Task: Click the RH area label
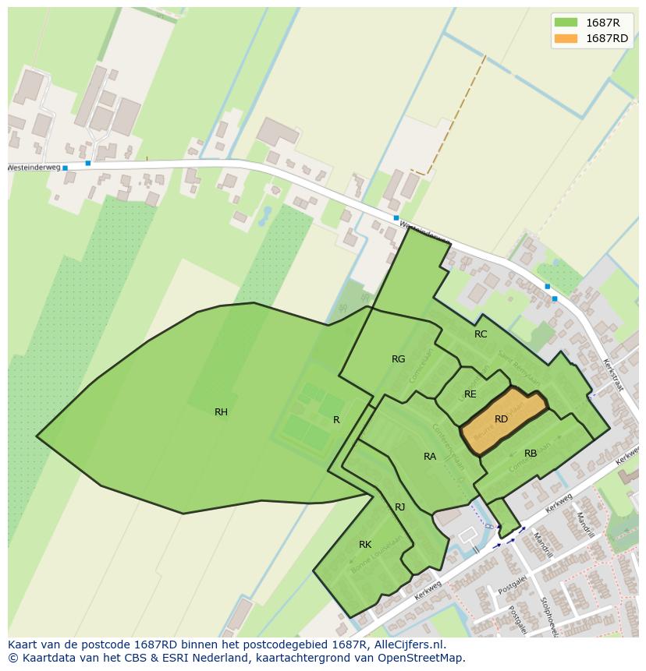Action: tap(221, 412)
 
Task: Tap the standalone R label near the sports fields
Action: tap(336, 420)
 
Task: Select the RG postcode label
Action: tap(398, 359)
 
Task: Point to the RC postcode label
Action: tap(481, 334)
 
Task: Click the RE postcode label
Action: tap(470, 394)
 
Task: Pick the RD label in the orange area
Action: tap(501, 419)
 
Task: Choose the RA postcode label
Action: tap(430, 457)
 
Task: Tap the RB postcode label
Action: tap(531, 454)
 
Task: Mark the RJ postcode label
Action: tap(399, 507)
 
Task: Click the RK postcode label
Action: tap(364, 545)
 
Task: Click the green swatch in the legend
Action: tap(566, 22)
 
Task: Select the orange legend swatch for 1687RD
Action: tap(566, 38)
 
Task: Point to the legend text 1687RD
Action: tap(607, 38)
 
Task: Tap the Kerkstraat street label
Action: tap(614, 375)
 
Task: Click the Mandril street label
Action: tap(584, 524)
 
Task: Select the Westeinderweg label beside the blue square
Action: tap(33, 168)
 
